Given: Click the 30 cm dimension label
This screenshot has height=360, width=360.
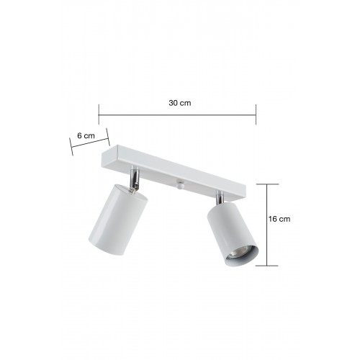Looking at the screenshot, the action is pyautogui.click(x=180, y=103).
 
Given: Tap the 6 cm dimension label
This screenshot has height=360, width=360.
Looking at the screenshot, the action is pyautogui.click(x=86, y=135).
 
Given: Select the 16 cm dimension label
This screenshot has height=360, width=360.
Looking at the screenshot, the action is pyautogui.click(x=279, y=219).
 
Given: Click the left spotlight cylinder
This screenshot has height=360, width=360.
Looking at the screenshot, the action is pyautogui.click(x=118, y=219).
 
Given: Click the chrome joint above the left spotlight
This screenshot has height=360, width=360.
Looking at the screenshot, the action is pyautogui.click(x=134, y=179).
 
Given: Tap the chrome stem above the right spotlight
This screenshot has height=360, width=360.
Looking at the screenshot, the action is pyautogui.click(x=220, y=197).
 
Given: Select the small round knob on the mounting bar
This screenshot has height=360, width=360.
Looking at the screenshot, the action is pyautogui.click(x=180, y=184).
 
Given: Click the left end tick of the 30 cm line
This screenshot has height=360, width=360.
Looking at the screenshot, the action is pyautogui.click(x=99, y=114).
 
